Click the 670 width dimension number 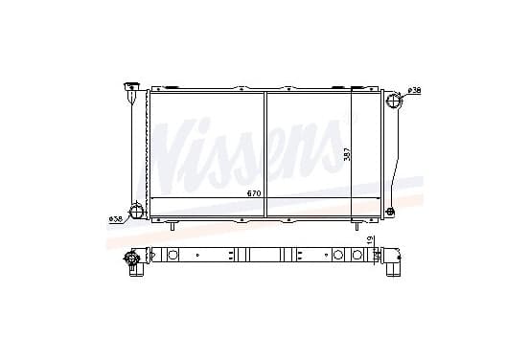click(x=254, y=193)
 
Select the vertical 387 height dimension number click(x=347, y=155)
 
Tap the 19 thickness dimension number click(x=370, y=240)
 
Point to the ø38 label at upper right click(x=414, y=90)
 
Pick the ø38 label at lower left click(x=115, y=219)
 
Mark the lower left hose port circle click(x=137, y=211)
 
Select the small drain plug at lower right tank click(x=391, y=212)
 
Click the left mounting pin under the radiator click(x=172, y=226)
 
